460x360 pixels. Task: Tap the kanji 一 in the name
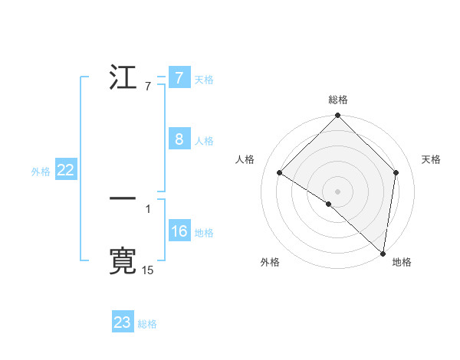[123, 198]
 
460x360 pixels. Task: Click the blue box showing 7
[179, 78]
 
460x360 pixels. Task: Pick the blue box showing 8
[179, 139]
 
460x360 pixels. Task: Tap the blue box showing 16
[179, 231]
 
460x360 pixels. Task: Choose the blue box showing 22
[65, 171]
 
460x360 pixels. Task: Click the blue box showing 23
[123, 322]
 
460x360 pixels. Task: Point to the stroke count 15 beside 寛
[148, 270]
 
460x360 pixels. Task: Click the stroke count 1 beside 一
[148, 208]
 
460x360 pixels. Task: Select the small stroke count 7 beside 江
[148, 87]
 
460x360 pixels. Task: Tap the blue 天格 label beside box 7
[204, 79]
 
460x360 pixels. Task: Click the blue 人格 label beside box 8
[204, 140]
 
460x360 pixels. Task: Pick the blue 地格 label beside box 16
[204, 232]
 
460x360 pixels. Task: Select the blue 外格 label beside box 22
[41, 172]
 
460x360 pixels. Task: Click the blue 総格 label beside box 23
[147, 323]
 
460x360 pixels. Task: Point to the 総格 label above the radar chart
[337, 100]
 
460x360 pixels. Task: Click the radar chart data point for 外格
[329, 204]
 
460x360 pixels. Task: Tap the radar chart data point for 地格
[382, 253]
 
